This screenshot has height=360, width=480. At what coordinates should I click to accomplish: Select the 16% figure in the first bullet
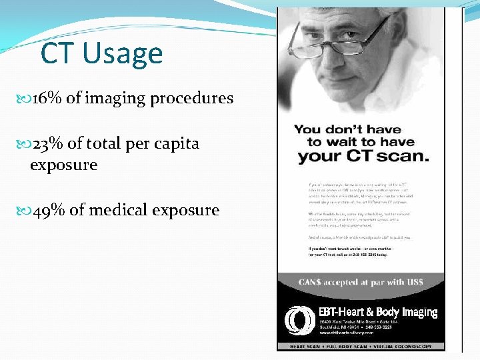tap(47, 98)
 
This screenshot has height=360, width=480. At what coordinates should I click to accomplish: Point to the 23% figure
tap(48, 143)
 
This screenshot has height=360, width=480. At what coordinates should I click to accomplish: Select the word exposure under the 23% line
tap(63, 165)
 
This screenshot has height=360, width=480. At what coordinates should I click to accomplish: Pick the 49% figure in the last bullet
tap(49, 210)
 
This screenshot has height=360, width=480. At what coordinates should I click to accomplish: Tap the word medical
tap(117, 210)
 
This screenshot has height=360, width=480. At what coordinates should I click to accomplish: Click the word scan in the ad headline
tap(405, 157)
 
